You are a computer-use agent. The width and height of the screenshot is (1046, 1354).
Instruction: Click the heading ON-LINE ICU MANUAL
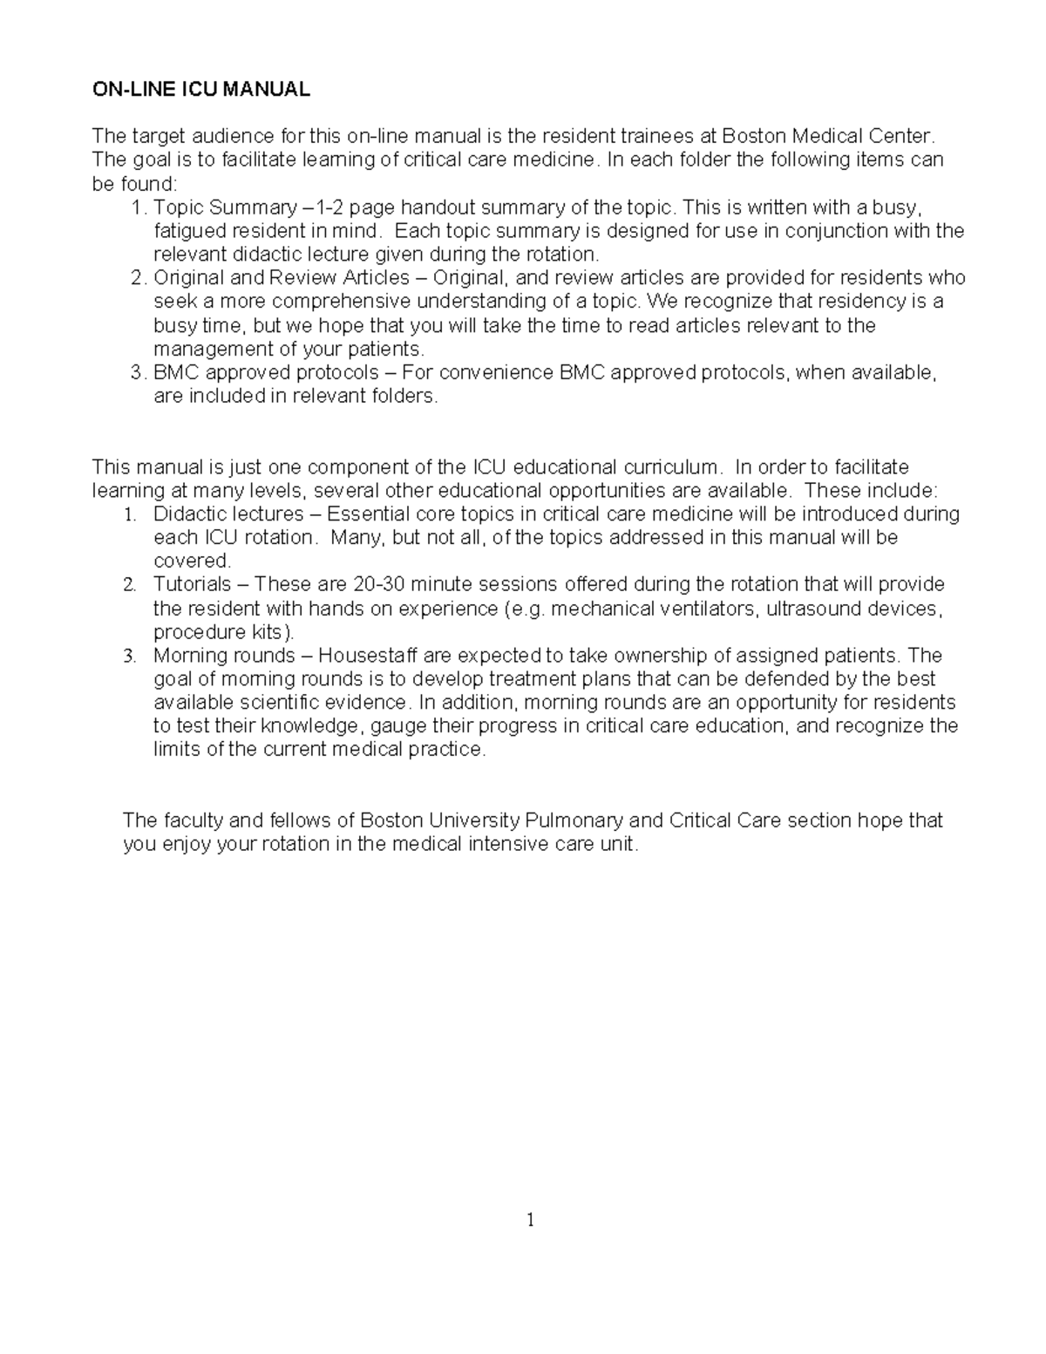click(200, 89)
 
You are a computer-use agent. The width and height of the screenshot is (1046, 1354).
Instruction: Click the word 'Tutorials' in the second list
click(193, 584)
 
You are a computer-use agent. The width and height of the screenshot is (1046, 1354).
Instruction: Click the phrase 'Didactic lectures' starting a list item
click(228, 514)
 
